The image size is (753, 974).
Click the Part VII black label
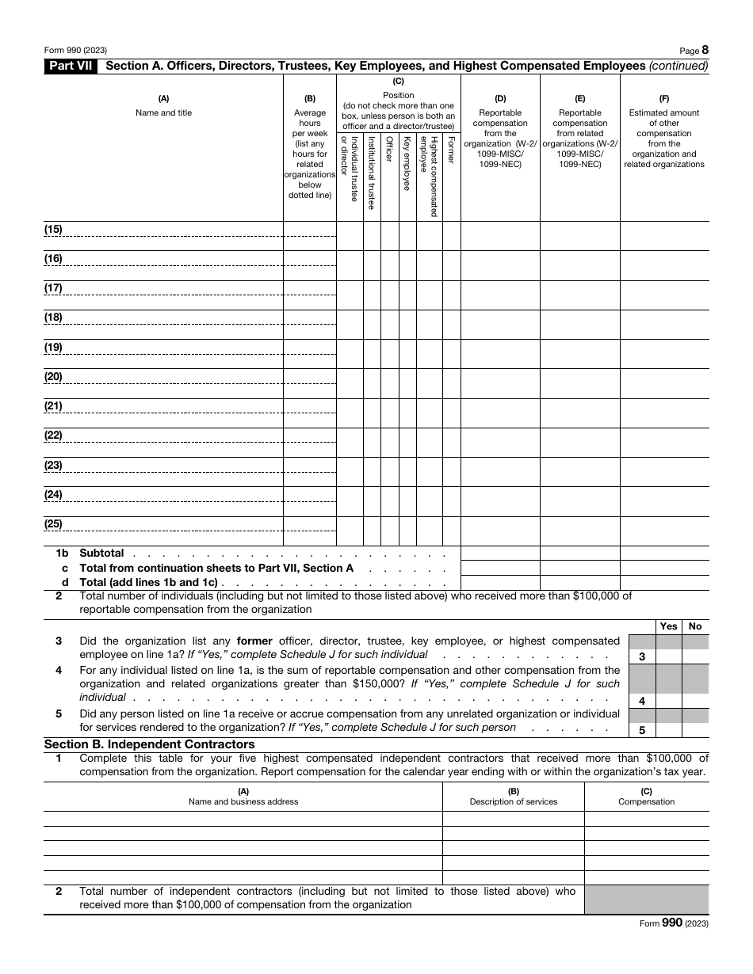(x=70, y=67)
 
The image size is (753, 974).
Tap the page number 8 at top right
(x=705, y=50)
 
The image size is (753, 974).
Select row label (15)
(x=53, y=230)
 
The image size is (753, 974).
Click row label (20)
(x=53, y=377)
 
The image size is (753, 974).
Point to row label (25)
(x=53, y=524)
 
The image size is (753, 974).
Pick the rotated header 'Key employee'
(x=407, y=162)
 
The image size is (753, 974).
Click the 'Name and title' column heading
(x=163, y=112)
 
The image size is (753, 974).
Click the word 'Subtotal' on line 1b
(x=101, y=553)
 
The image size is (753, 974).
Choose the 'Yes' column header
(x=669, y=626)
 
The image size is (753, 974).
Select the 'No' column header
(x=695, y=626)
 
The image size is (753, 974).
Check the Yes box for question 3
(x=669, y=656)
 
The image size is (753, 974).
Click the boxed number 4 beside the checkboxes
(x=641, y=701)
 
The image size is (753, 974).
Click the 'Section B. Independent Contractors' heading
(x=149, y=744)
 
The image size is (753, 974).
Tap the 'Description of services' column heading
(x=513, y=801)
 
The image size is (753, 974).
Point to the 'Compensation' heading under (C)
(x=646, y=801)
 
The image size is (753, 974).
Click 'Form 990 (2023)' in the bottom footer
(x=673, y=923)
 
